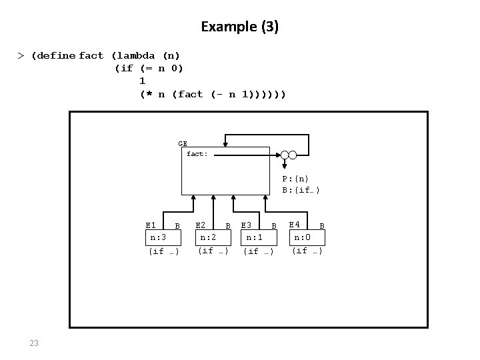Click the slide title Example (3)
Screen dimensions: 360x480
coord(239,27)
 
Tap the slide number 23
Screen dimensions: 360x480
coord(34,343)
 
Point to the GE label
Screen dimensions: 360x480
coord(183,143)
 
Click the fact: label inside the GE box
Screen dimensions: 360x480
coord(197,154)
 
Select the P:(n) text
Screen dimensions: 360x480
coord(295,179)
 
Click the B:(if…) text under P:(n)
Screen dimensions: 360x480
coord(301,190)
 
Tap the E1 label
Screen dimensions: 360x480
coord(151,225)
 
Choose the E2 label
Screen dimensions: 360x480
coord(200,225)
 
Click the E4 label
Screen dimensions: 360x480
coord(294,225)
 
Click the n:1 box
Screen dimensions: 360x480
coord(255,237)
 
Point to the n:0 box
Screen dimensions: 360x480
coord(303,236)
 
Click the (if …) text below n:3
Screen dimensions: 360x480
coord(163,251)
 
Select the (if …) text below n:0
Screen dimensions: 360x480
coord(307,251)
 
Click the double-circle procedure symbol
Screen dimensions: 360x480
coord(288,155)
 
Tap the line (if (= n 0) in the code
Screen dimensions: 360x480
coord(149,68)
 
